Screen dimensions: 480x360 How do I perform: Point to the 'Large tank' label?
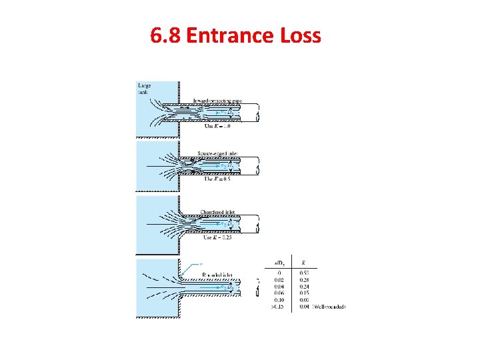(x=145, y=89)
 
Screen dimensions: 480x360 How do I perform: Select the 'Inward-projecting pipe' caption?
(x=218, y=101)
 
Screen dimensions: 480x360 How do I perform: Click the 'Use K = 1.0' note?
(x=215, y=125)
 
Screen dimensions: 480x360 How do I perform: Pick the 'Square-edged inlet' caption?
(x=217, y=154)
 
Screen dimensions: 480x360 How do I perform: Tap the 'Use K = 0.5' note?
(x=215, y=179)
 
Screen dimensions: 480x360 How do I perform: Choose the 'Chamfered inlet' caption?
(x=218, y=212)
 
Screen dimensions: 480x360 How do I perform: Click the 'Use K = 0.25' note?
(x=216, y=237)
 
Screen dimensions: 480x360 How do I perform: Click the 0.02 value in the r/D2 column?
(x=281, y=279)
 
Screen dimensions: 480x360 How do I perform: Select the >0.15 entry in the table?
(x=279, y=306)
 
